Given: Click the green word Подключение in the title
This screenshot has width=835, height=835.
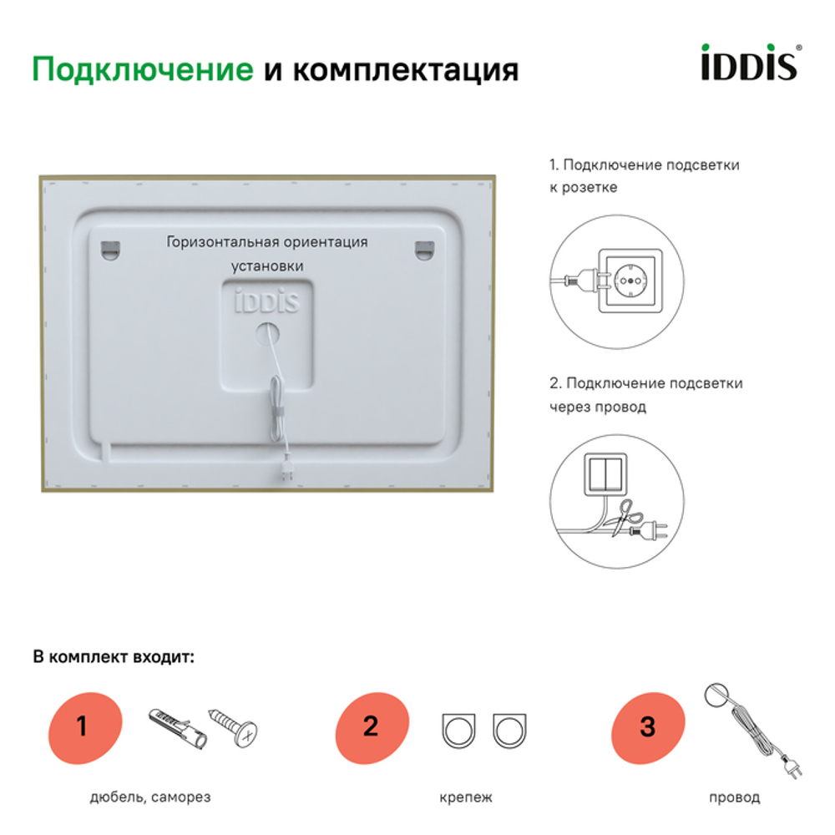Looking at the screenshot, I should tap(142, 69).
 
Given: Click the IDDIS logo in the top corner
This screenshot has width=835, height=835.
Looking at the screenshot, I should tap(746, 63).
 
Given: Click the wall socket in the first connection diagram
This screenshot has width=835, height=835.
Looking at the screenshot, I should tap(631, 281).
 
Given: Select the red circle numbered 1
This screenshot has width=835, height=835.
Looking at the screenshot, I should tap(82, 726).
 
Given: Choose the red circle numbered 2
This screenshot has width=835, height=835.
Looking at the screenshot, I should tap(371, 726).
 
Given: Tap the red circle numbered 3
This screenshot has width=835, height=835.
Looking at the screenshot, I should tap(648, 726).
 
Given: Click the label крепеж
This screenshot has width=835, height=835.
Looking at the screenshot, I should tap(465, 797).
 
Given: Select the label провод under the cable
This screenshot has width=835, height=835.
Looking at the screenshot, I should tap(735, 797).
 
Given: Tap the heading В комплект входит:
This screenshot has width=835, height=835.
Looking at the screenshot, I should tap(114, 656).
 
